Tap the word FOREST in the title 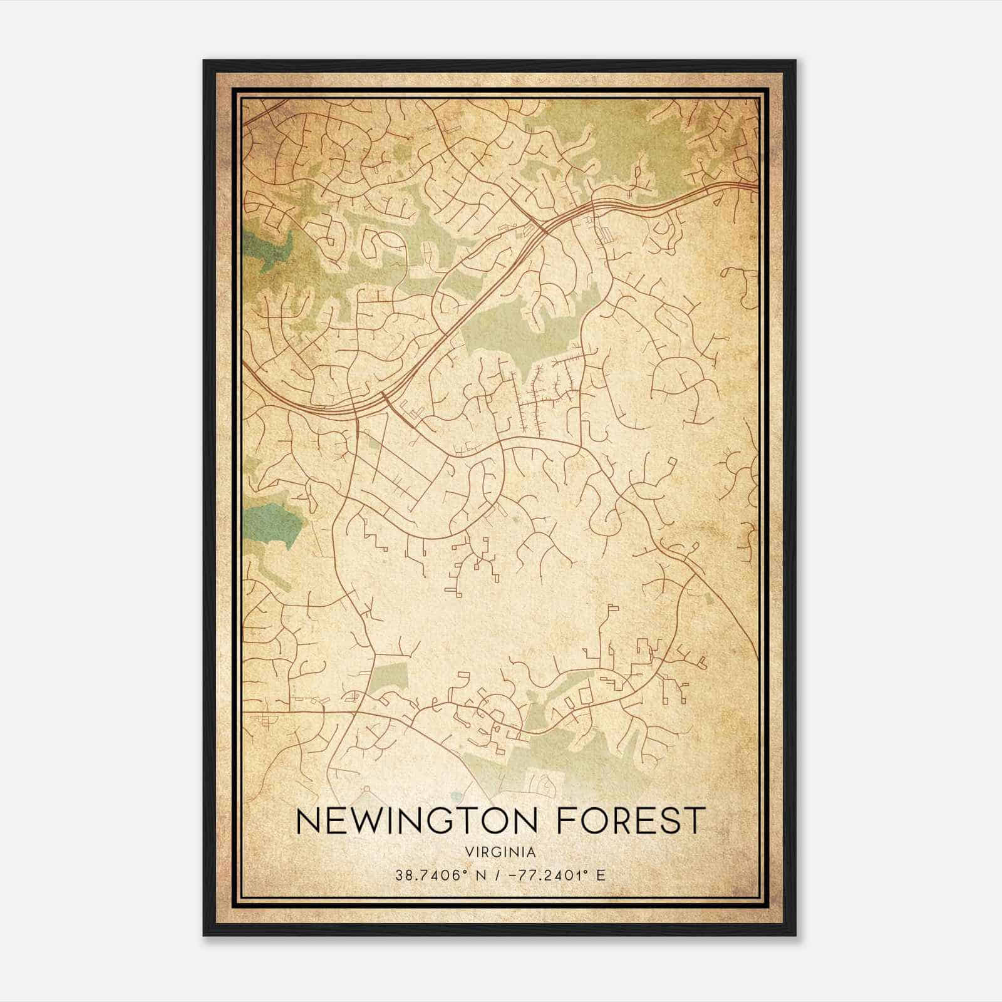631,821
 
